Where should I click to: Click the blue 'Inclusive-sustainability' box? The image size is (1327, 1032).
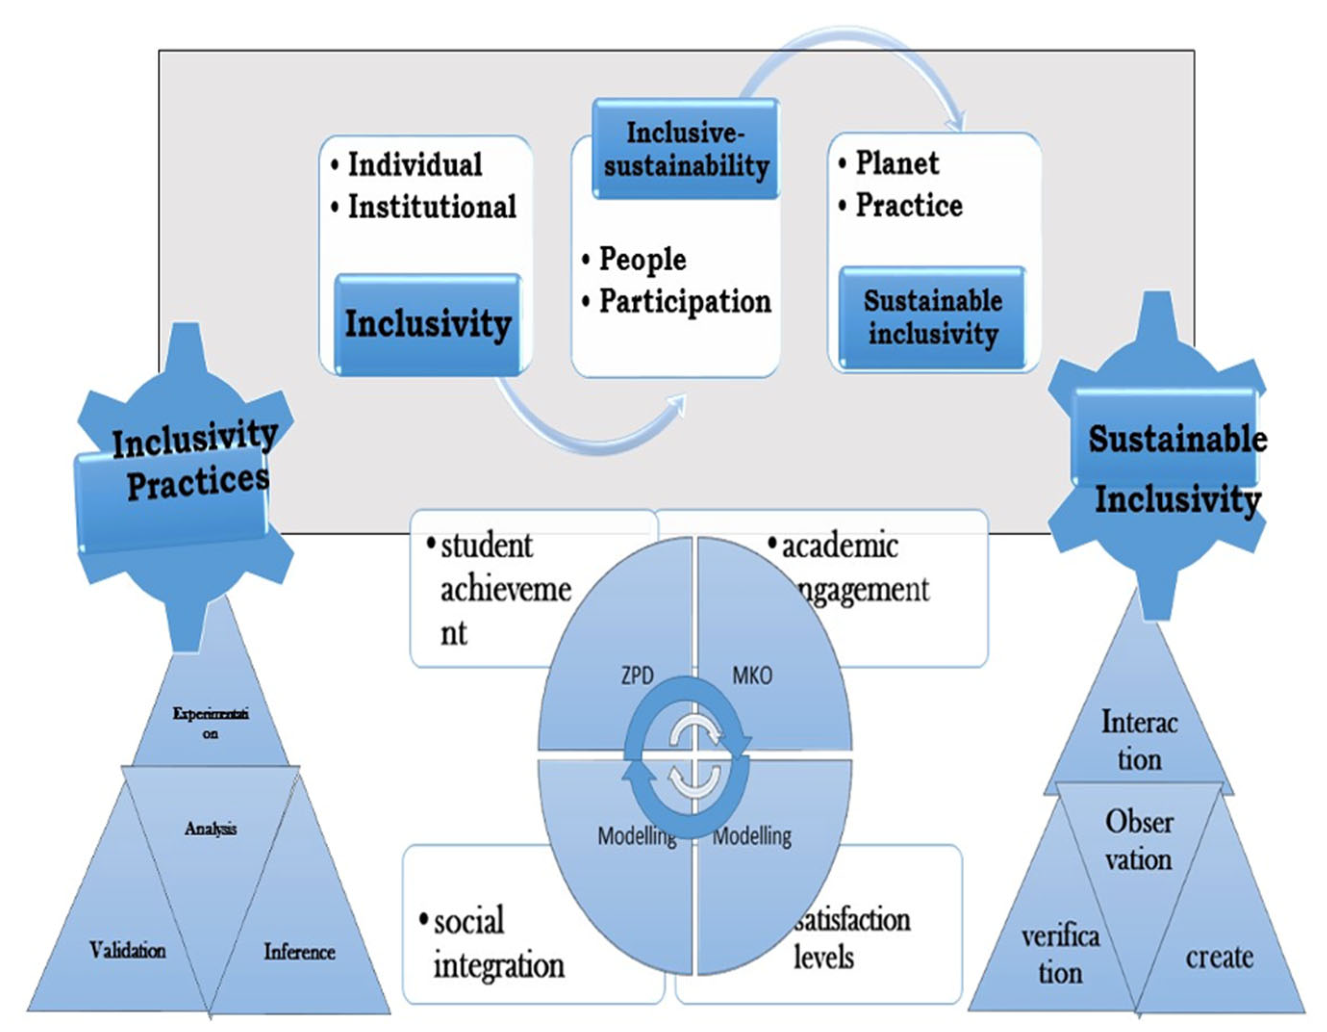point(685,150)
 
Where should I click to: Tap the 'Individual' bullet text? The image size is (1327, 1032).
point(415,165)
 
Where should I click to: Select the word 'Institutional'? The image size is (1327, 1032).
point(432,207)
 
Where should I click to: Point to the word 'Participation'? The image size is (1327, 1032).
point(685,302)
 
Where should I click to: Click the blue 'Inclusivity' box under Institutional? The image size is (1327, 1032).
point(428,324)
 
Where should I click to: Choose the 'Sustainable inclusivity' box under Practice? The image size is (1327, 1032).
point(933,318)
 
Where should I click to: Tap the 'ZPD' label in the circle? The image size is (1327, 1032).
point(637,676)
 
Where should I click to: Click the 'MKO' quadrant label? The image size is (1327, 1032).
point(751,676)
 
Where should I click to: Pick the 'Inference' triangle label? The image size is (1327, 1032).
point(299,952)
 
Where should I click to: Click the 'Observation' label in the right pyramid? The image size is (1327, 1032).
point(1139,841)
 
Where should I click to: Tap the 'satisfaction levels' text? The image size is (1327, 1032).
point(851,939)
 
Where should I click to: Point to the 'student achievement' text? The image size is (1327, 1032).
point(504,588)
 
